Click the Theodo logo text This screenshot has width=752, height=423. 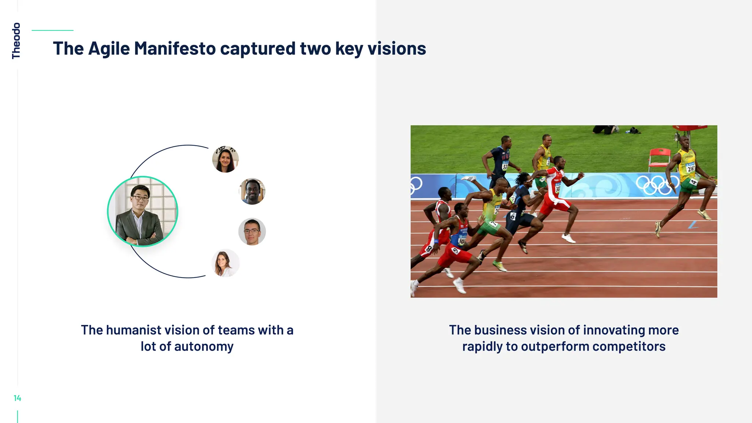pyautogui.click(x=16, y=41)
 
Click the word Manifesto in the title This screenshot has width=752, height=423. pyautogui.click(x=175, y=48)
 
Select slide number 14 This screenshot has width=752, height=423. pyautogui.click(x=17, y=398)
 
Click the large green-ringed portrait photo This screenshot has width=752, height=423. pyautogui.click(x=142, y=211)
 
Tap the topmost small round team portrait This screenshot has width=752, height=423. pyautogui.click(x=225, y=159)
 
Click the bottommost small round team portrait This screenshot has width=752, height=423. pyautogui.click(x=225, y=263)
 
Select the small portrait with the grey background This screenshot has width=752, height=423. pyautogui.click(x=252, y=231)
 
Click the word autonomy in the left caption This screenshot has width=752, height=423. pyautogui.click(x=204, y=346)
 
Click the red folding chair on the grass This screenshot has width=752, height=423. pyautogui.click(x=659, y=158)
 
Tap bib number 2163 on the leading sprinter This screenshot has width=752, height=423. pyautogui.click(x=690, y=169)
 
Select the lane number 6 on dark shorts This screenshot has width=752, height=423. pyautogui.click(x=513, y=216)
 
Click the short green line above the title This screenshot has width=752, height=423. pyautogui.click(x=53, y=30)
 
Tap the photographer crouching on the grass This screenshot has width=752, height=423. pyautogui.click(x=604, y=129)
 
